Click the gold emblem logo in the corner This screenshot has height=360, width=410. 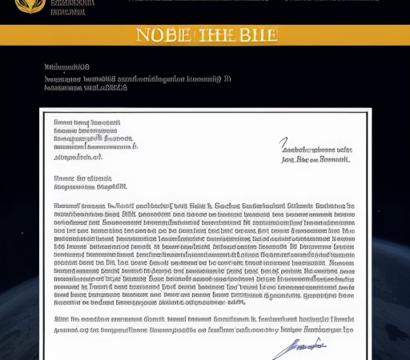[30, 5]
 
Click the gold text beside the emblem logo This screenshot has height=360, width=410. [72, 7]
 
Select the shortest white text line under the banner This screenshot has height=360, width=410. [66, 68]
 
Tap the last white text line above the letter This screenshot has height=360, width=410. [86, 89]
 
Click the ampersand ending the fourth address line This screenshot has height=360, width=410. [135, 147]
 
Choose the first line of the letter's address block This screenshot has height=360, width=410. [86, 122]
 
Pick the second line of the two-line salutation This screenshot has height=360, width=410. [90, 186]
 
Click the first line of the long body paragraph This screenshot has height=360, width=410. [203, 206]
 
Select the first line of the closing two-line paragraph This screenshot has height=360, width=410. [203, 318]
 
